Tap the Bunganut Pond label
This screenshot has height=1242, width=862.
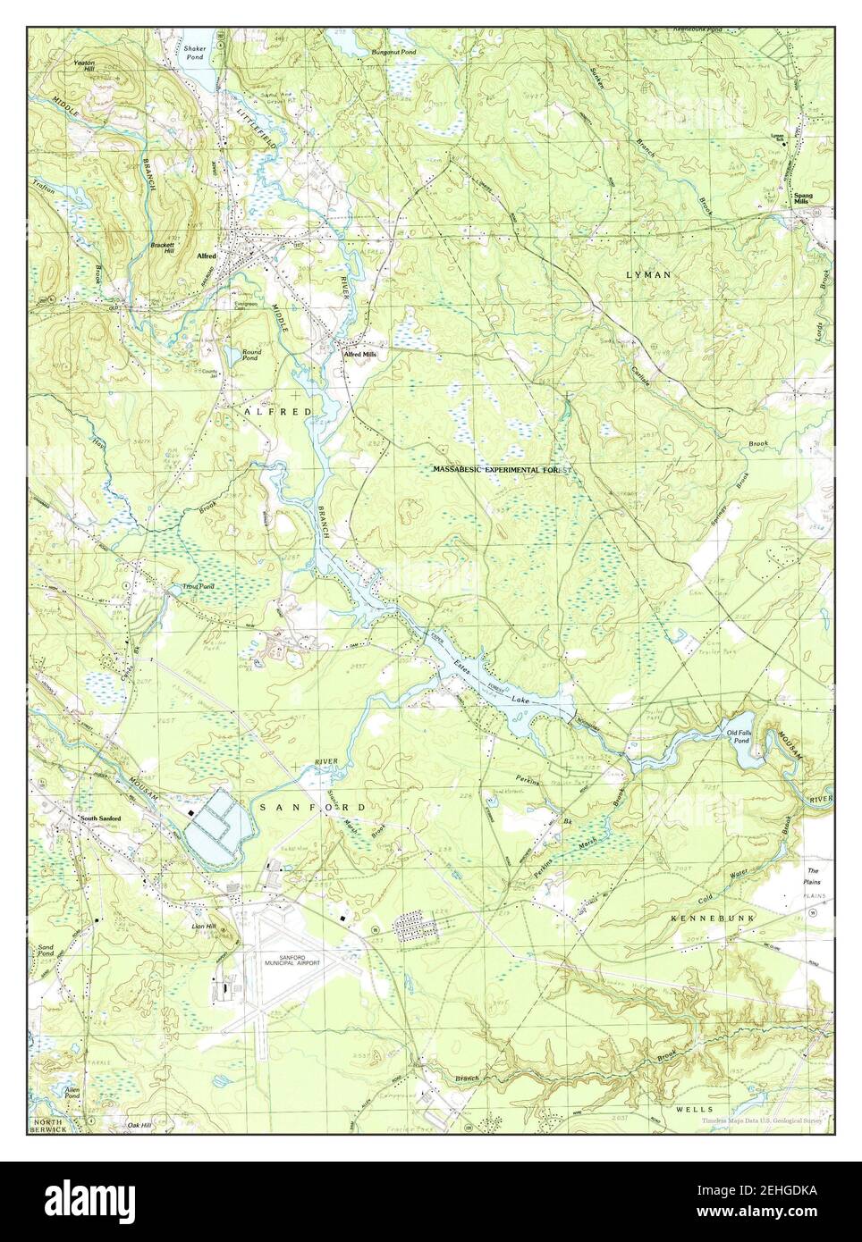coord(393,53)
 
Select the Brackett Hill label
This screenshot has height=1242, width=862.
coord(162,248)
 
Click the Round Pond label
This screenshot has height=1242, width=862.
coord(249,354)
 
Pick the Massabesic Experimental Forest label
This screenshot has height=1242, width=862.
coord(500,469)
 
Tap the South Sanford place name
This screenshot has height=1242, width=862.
coord(100,818)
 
